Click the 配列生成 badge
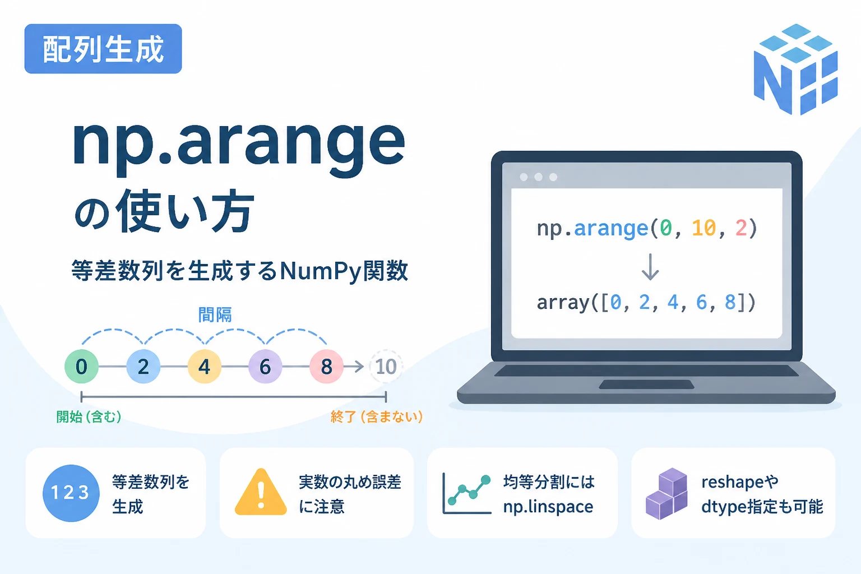pyautogui.click(x=103, y=49)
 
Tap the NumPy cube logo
pyautogui.click(x=795, y=69)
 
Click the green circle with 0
pyautogui.click(x=81, y=367)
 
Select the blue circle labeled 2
pyautogui.click(x=143, y=367)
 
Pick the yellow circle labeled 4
pyautogui.click(x=204, y=367)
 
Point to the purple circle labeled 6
pyautogui.click(x=265, y=367)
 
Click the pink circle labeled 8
pyautogui.click(x=326, y=367)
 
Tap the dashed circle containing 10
pyautogui.click(x=386, y=367)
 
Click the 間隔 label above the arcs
pyautogui.click(x=215, y=315)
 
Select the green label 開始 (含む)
pyautogui.click(x=89, y=416)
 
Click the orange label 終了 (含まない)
pyautogui.click(x=377, y=416)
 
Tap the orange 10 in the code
pyautogui.click(x=704, y=228)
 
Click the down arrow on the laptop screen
pyautogui.click(x=650, y=266)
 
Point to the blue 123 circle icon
pyautogui.click(x=71, y=493)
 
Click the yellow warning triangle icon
pyautogui.click(x=261, y=492)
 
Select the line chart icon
pyautogui.click(x=467, y=493)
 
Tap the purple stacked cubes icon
pyautogui.click(x=666, y=494)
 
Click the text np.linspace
pyautogui.click(x=548, y=507)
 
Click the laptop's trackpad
pyautogui.click(x=646, y=385)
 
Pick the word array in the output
pyautogui.click(x=563, y=303)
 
